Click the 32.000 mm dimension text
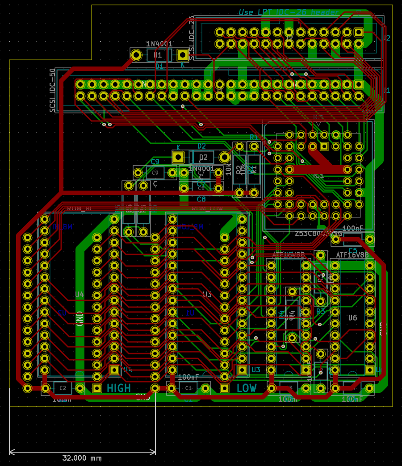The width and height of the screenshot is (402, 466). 82,458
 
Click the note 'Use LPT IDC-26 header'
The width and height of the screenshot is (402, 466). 288,12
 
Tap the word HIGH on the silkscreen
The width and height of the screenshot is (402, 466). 119,388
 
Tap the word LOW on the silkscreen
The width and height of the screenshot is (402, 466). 247,388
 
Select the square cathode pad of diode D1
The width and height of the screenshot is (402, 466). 182,55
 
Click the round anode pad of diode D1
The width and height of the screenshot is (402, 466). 136,55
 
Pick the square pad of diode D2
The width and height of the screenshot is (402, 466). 178,157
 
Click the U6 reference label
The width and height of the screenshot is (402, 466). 352,318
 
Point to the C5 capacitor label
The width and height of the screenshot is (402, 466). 352,250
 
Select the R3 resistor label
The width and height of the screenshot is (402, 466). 321,311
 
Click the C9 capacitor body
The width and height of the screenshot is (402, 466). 155,173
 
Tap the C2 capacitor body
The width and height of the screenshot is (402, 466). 63,388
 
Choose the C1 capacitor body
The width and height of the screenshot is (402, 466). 188,388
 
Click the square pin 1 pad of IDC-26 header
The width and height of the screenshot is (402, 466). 358,32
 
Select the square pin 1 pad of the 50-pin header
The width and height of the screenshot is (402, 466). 358,84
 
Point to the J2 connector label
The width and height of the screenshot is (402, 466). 386,38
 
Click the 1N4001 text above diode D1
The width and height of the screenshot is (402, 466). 159,44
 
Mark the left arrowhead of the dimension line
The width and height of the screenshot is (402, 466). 11,452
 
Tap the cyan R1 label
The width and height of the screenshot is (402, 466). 253,137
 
